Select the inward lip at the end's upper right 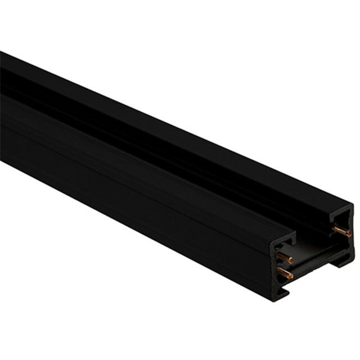(x=340, y=216)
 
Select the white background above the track (x=225, y=56)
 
